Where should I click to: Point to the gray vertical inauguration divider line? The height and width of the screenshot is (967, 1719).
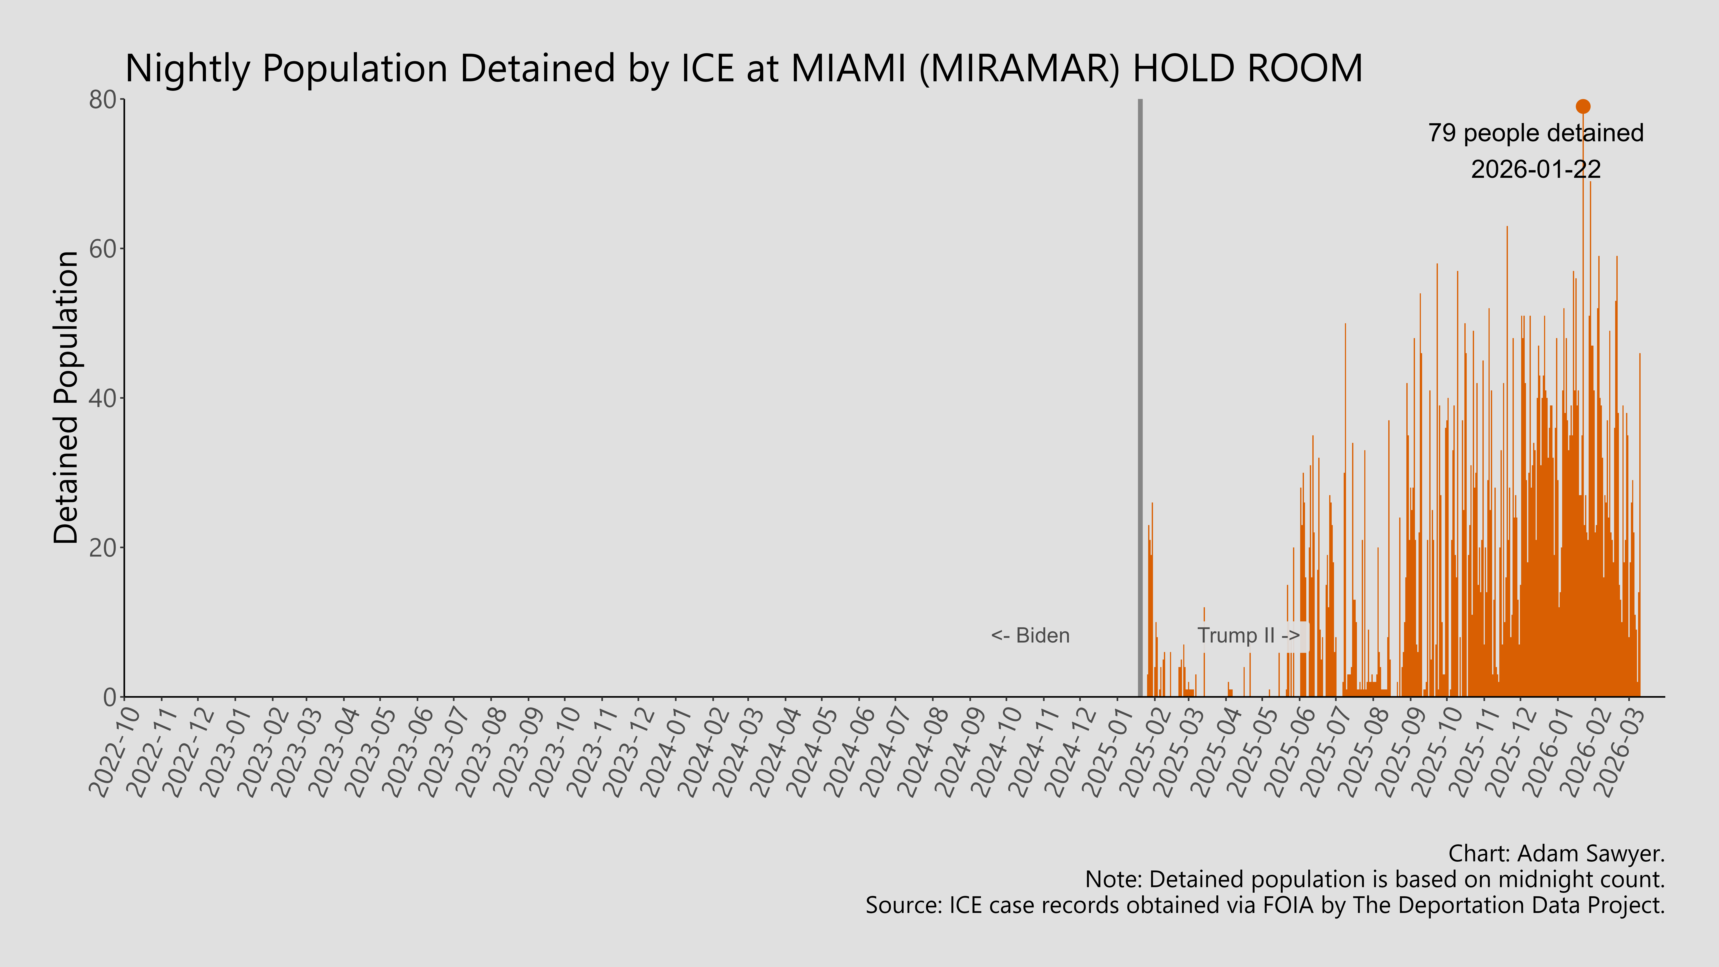(x=1140, y=400)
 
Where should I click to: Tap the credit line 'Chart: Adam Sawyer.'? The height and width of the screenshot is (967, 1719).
(x=1556, y=853)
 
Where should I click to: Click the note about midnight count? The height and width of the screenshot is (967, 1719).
(x=1375, y=880)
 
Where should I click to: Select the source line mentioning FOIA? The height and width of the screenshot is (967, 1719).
(x=1265, y=906)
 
